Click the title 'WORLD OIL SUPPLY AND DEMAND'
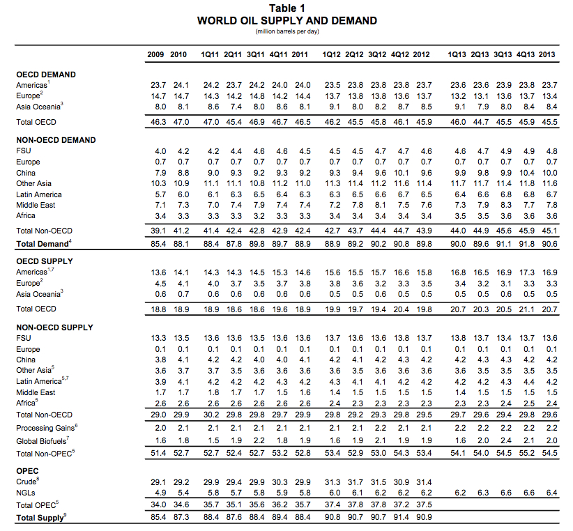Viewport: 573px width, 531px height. pos(286,20)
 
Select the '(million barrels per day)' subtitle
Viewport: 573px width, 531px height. pos(286,31)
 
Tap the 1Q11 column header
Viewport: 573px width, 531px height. pos(211,54)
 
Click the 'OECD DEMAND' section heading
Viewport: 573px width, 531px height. pos(46,75)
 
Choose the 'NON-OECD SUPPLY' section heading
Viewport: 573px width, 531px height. pos(54,327)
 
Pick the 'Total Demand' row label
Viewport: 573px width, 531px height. pos(43,243)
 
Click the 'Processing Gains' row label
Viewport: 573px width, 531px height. pos(45,427)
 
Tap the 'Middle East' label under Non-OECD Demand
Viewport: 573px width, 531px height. pos(36,205)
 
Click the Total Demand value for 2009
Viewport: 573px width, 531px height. pos(158,243)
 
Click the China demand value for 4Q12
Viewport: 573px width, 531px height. pos(402,173)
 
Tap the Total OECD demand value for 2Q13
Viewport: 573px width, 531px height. pos(481,122)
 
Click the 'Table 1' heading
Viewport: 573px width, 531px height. pos(286,8)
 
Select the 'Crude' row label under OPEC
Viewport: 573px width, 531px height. pos(26,482)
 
